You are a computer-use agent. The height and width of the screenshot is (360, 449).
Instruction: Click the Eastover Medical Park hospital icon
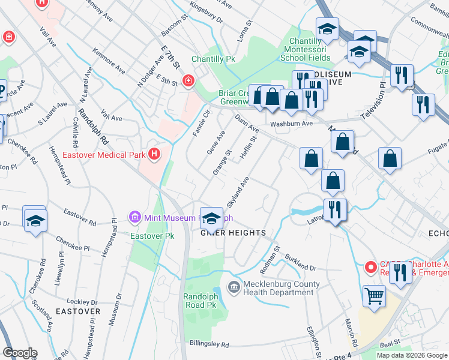(154, 154)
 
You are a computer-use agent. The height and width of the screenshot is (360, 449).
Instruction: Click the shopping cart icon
(374, 295)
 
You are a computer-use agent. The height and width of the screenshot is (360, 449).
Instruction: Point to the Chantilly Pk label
(213, 59)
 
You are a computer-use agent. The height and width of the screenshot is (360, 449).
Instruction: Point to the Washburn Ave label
(291, 124)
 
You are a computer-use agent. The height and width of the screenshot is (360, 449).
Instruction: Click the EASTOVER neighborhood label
(78, 312)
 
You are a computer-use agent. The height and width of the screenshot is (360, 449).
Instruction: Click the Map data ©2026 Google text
(411, 355)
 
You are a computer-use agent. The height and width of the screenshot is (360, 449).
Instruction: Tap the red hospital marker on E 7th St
(188, 80)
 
